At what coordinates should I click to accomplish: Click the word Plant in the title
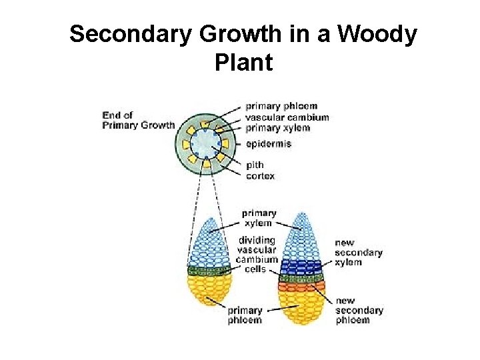243,62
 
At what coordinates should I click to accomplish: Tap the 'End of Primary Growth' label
138,120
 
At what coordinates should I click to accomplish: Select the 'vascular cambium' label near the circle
287,117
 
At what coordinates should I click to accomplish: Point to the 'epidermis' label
268,143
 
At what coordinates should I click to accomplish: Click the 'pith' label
255,165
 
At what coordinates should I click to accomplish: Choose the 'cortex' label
260,176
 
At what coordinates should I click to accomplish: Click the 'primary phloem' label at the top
281,106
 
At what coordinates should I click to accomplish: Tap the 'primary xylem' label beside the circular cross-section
277,127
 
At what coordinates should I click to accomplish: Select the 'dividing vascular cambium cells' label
257,254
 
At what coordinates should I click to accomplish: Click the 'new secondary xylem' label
358,252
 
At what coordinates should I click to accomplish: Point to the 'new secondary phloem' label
359,310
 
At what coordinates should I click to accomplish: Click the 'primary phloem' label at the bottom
245,315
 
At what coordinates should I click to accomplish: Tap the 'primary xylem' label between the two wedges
259,218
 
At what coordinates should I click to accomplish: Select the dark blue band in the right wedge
301,267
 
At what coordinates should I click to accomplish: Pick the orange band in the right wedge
301,287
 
